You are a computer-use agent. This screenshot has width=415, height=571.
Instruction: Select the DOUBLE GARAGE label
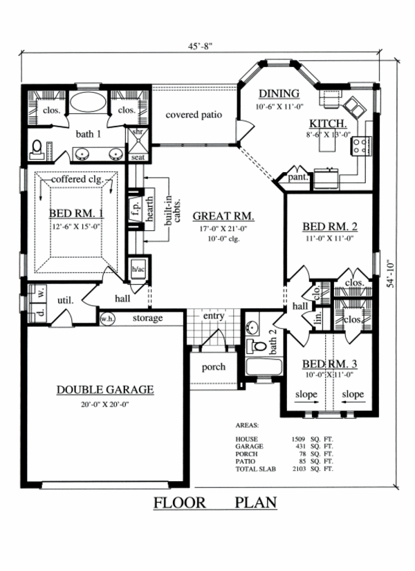coord(105,390)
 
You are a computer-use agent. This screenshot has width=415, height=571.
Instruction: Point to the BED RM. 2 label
coord(329,226)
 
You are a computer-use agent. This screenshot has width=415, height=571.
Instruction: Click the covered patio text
coord(194,114)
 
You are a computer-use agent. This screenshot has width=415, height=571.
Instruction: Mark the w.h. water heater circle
coord(107,319)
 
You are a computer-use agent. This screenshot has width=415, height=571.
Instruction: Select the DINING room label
coord(278,94)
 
